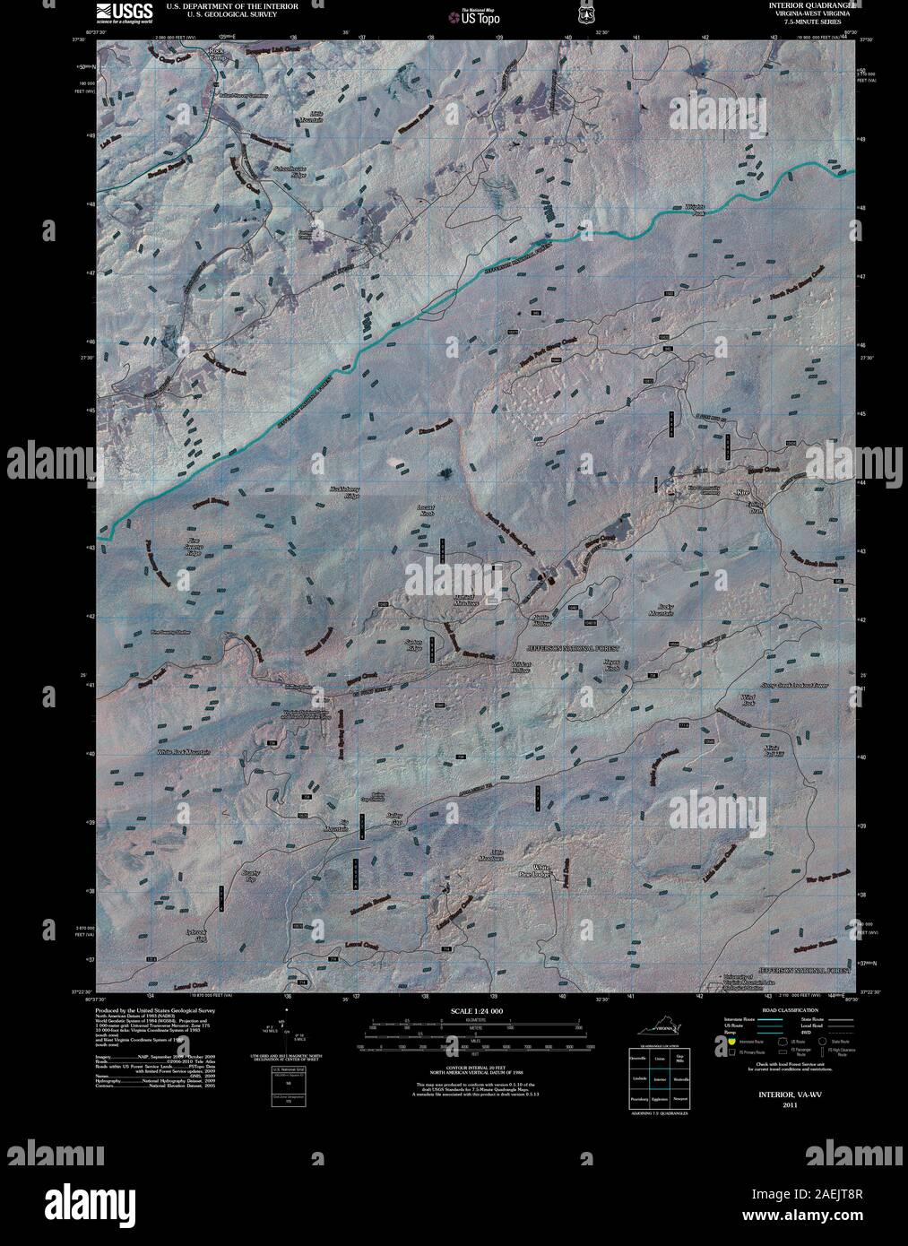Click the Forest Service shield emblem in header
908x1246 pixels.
pos(586,14)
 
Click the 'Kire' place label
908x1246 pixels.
pos(741,493)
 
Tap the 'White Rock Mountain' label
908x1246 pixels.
pos(183,751)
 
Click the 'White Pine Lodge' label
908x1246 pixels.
pos(541,870)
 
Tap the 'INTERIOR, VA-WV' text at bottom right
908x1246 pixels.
pos(789,1095)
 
